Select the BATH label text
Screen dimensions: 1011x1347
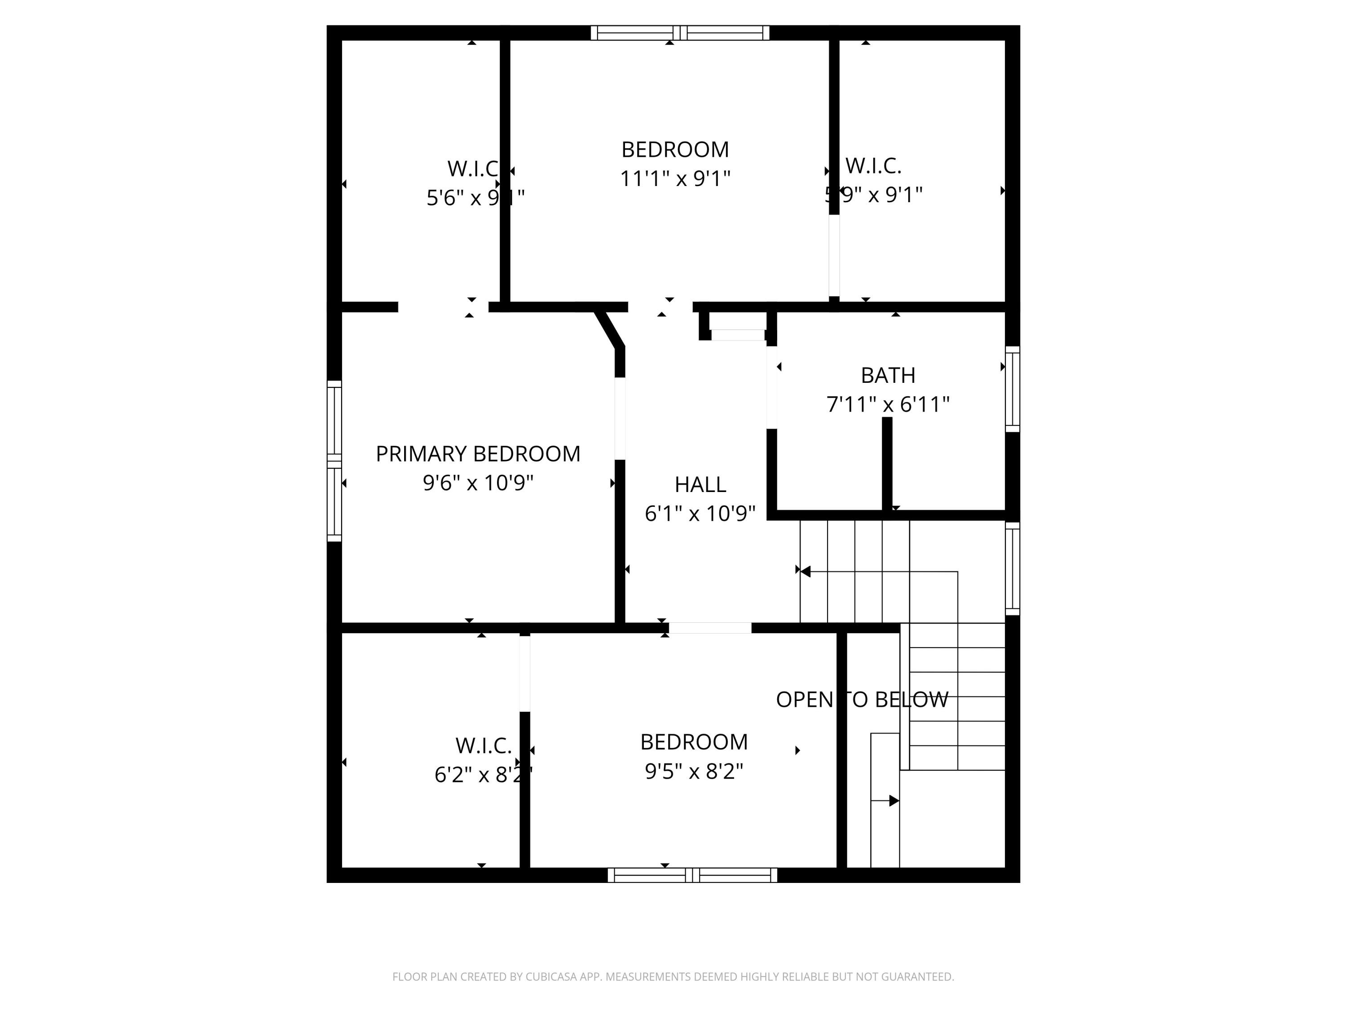tap(888, 375)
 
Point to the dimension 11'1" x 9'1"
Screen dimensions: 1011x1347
tap(675, 178)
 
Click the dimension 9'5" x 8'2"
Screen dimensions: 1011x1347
tap(694, 772)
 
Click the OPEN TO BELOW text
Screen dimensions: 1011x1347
tap(862, 700)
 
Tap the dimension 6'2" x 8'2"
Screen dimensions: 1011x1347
tap(483, 775)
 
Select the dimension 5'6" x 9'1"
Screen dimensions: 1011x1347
tap(475, 198)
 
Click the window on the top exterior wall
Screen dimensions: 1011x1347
tap(680, 33)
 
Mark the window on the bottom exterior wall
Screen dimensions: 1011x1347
tap(692, 875)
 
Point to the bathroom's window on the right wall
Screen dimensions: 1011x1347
tap(1012, 389)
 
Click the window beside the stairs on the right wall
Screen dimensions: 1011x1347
tap(1012, 568)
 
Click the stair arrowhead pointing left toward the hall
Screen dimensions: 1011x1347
tap(806, 572)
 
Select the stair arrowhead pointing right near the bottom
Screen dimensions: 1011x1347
tap(894, 800)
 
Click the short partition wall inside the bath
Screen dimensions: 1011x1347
tap(887, 463)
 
